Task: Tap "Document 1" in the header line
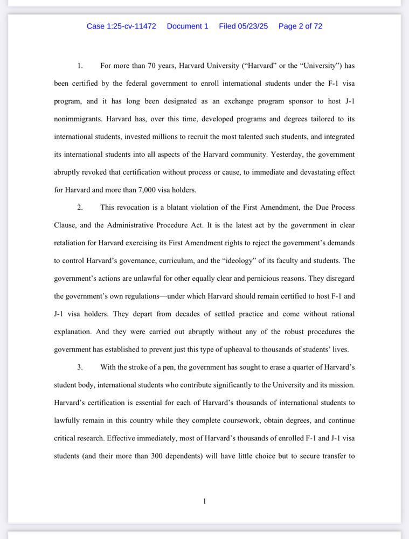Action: [x=188, y=26]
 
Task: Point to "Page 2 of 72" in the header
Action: [x=300, y=26]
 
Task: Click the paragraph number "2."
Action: [x=80, y=208]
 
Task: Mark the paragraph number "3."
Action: [x=80, y=367]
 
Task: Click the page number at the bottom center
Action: [x=204, y=501]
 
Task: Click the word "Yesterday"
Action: [x=287, y=155]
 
